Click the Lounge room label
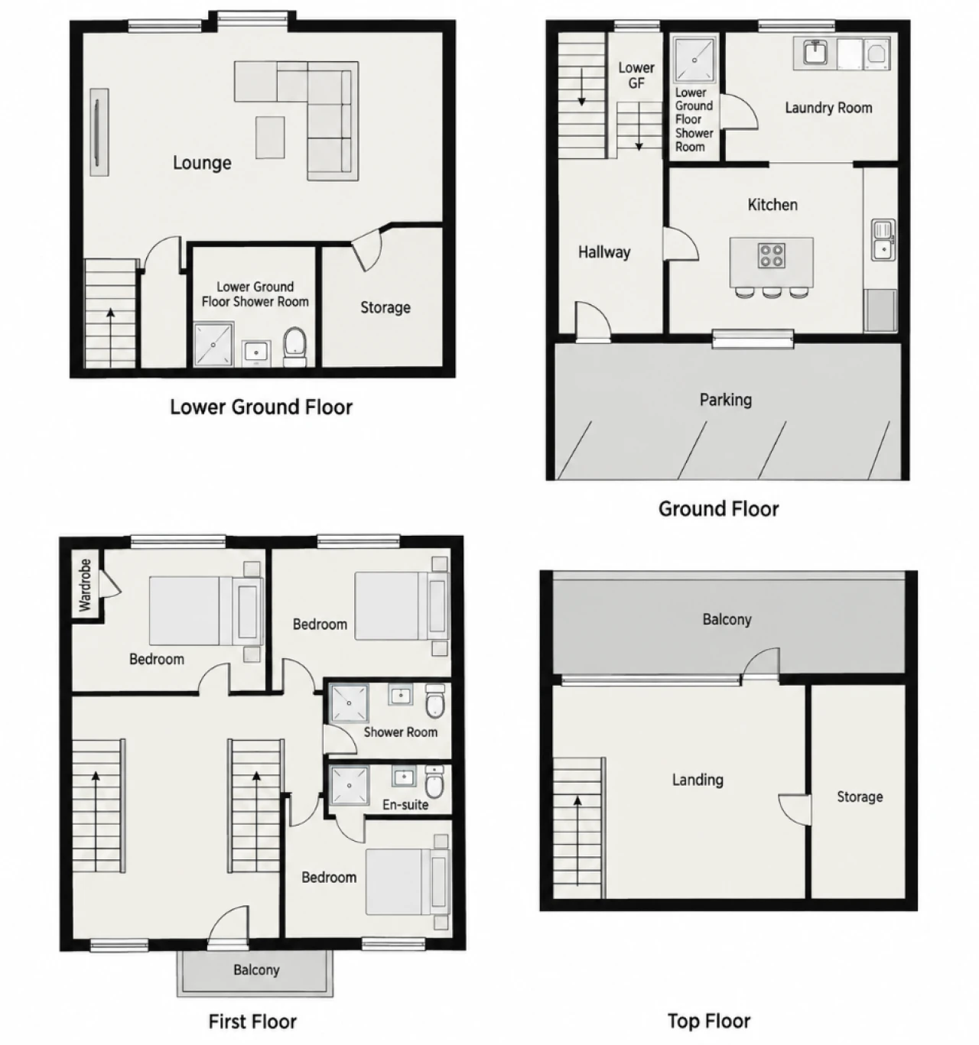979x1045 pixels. pyautogui.click(x=202, y=163)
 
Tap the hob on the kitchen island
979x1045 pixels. pyautogui.click(x=771, y=256)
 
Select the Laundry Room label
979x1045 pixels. pyautogui.click(x=828, y=108)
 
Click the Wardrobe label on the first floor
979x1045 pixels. pyautogui.click(x=85, y=585)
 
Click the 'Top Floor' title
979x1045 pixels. pyautogui.click(x=708, y=1021)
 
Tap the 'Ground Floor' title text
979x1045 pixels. pyautogui.click(x=718, y=509)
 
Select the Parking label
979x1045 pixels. pyautogui.click(x=725, y=400)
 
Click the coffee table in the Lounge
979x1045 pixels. pyautogui.click(x=270, y=138)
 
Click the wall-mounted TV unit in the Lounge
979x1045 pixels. pyautogui.click(x=99, y=132)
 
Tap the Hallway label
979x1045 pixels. pyautogui.click(x=604, y=252)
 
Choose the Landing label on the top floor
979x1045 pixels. pyautogui.click(x=698, y=779)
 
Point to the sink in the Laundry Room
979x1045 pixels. pyautogui.click(x=815, y=53)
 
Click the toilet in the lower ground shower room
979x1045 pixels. pyautogui.click(x=295, y=346)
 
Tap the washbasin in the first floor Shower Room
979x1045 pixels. pyautogui.click(x=400, y=694)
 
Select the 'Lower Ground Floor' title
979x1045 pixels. pyautogui.click(x=261, y=407)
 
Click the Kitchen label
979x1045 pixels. pyautogui.click(x=772, y=205)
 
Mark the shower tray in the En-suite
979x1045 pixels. pyautogui.click(x=350, y=786)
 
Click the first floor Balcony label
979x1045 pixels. pyautogui.click(x=256, y=970)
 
